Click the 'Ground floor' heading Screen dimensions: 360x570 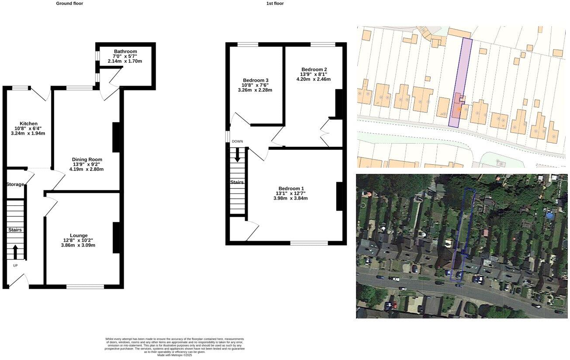[x=69, y=3]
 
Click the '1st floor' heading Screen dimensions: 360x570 [x=275, y=3]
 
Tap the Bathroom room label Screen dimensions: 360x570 [x=125, y=52]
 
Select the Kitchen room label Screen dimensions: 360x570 [x=28, y=124]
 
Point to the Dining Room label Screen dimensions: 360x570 [x=87, y=159]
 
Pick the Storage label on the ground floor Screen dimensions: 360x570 [x=15, y=184]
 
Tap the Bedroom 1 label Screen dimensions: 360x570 [x=290, y=188]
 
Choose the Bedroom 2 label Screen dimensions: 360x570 [x=314, y=69]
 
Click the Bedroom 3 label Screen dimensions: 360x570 [x=256, y=80]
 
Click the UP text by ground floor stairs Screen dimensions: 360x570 [x=15, y=266]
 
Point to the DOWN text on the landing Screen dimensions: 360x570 [x=237, y=142]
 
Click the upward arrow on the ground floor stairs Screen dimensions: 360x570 [x=15, y=252]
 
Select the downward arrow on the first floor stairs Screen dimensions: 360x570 [x=237, y=155]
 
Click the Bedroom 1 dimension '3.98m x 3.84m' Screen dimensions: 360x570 [x=290, y=198]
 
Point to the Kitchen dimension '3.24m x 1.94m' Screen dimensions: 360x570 [x=28, y=134]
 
